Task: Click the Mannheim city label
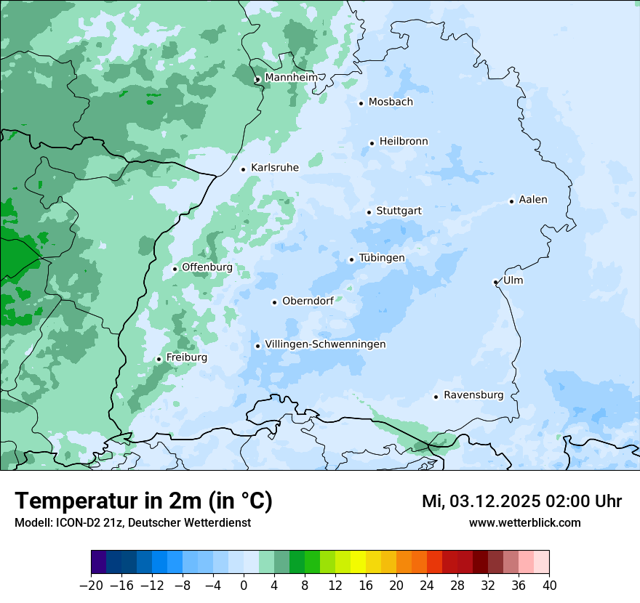[x=291, y=78]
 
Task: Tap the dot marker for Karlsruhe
[x=244, y=169]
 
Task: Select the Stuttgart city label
[x=399, y=211]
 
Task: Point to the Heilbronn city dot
[x=372, y=143]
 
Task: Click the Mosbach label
[x=391, y=102]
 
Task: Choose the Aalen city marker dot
[x=511, y=201]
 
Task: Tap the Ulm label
[x=513, y=280]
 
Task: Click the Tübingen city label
[x=382, y=258]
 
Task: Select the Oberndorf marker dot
[x=274, y=302]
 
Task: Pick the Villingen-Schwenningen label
[x=325, y=344]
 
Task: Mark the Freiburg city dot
[x=159, y=359]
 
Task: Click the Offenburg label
[x=207, y=267]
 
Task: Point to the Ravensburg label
[x=473, y=395]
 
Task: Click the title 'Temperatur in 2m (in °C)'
[x=143, y=501]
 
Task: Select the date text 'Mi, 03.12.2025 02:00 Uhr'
[x=521, y=501]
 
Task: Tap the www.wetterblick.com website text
[x=524, y=522]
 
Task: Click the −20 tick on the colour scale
[x=91, y=586]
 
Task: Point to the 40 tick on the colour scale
[x=549, y=586]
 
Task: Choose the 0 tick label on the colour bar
[x=244, y=586]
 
